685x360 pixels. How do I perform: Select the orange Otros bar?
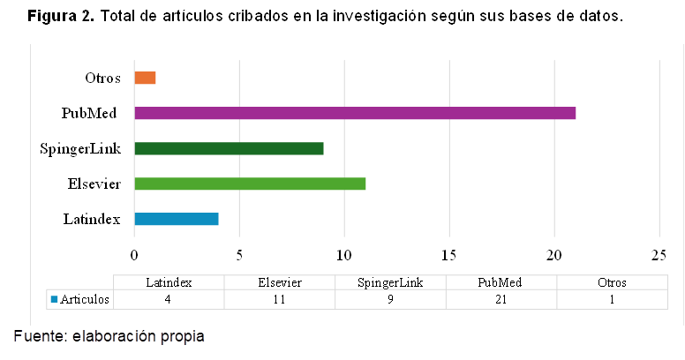145,78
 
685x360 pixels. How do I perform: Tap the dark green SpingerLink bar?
229,148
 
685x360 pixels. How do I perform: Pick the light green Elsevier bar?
250,184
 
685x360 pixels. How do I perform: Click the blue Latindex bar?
177,219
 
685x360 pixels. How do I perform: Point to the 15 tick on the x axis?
449,256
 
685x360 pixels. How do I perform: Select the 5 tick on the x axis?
239,256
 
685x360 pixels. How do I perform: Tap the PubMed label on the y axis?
90,113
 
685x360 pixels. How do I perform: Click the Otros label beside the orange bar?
102,78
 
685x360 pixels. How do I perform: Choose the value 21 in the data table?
501,299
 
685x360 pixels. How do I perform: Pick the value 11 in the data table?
279,299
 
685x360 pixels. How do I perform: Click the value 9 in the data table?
390,299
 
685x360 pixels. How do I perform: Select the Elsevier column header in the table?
279,283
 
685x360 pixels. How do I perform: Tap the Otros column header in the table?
612,283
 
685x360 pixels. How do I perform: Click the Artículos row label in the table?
86,299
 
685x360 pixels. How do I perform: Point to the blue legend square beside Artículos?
54,299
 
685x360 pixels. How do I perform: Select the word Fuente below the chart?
40,336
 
